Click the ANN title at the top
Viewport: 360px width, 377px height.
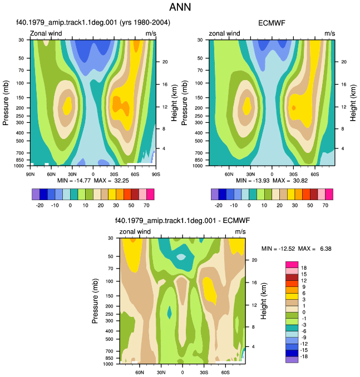[x=180, y=7]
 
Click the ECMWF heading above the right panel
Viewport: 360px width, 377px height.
[x=272, y=23]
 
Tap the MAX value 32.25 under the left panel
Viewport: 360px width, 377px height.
[x=121, y=181]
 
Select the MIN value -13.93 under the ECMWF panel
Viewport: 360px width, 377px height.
[x=261, y=181]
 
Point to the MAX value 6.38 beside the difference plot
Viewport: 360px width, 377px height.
[x=326, y=249]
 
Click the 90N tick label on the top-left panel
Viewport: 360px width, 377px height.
[x=30, y=174]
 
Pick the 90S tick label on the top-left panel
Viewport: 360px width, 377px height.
[x=156, y=174]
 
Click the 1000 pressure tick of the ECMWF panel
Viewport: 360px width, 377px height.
[x=198, y=166]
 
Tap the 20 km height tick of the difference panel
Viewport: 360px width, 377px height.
[x=254, y=260]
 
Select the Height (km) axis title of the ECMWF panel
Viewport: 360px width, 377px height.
[x=353, y=103]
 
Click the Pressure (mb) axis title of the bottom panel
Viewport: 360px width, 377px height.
[x=95, y=301]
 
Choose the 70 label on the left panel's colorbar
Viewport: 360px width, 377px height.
[x=146, y=205]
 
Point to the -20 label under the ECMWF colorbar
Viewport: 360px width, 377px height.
[x=219, y=205]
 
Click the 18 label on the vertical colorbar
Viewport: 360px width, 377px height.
[x=304, y=268]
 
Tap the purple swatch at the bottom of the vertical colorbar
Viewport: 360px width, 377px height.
[x=292, y=359]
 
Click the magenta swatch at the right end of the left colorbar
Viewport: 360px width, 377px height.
[x=150, y=194]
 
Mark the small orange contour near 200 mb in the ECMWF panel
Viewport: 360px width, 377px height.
[x=294, y=108]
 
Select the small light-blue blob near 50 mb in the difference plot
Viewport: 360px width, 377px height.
[x=181, y=257]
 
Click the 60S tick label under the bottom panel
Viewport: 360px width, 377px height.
[x=225, y=373]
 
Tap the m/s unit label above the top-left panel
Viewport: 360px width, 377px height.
[x=151, y=33]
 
